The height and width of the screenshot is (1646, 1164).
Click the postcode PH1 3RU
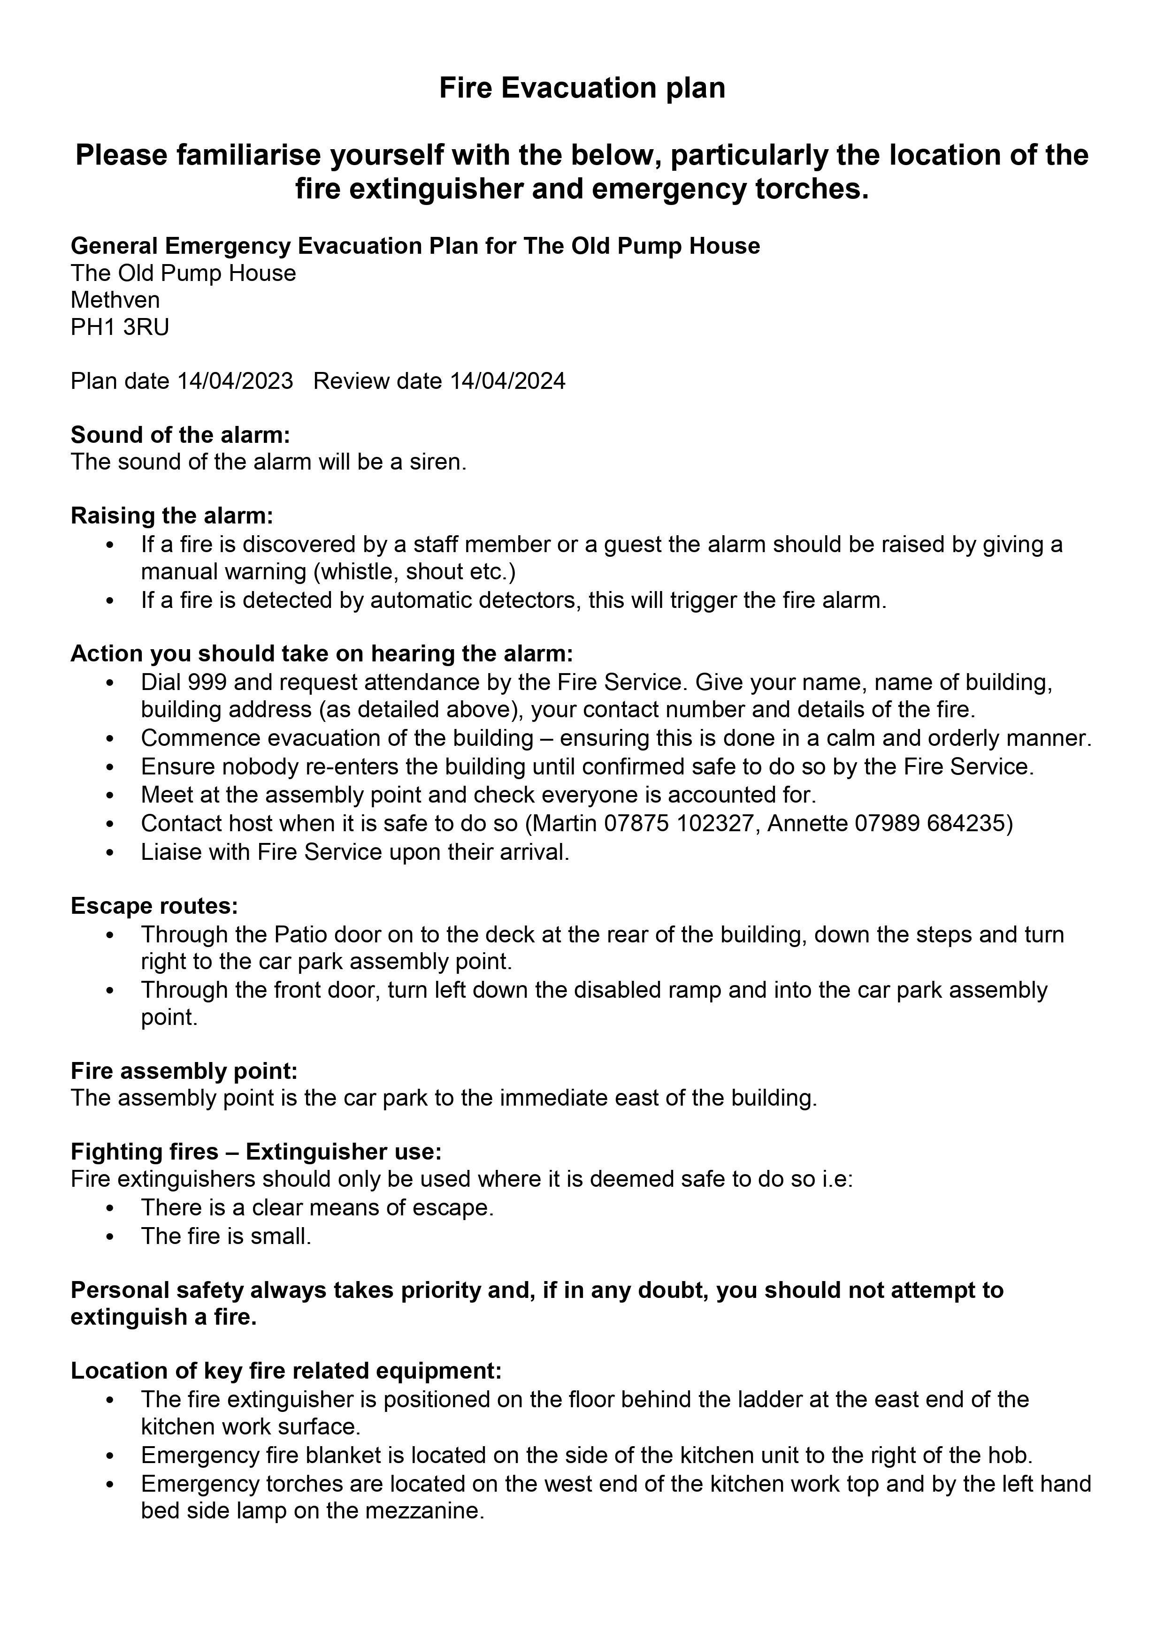tap(120, 327)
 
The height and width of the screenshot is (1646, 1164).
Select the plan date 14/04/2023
tap(235, 381)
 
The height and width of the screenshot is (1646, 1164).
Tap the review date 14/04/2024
tap(507, 381)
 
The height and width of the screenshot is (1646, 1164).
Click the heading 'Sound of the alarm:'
tap(180, 435)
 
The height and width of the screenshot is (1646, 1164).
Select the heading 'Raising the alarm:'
tap(172, 516)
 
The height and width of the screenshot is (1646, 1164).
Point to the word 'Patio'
tap(301, 935)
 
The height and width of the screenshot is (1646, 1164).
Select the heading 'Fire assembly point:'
tap(184, 1071)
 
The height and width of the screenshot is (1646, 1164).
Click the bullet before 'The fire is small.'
tap(110, 1237)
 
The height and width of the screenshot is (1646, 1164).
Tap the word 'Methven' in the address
tap(115, 300)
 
